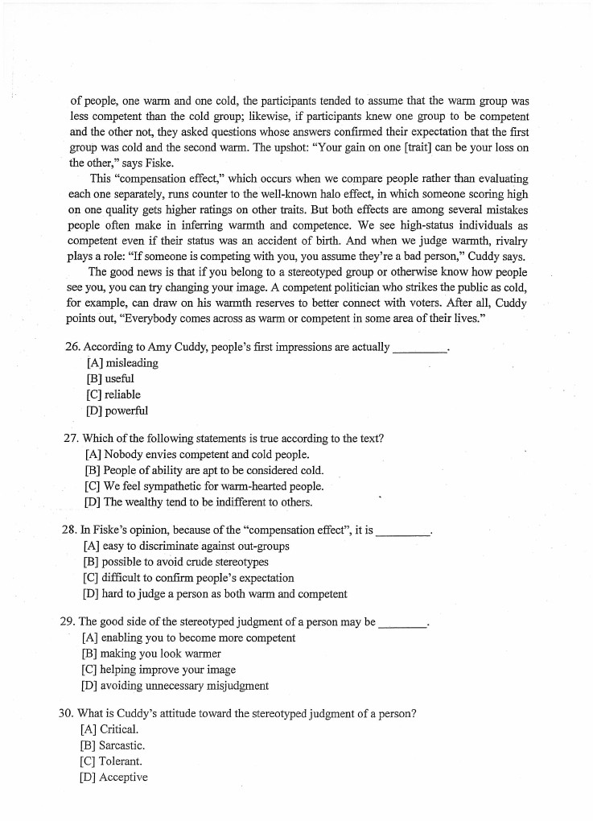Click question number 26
(x=72, y=348)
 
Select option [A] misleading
(x=121, y=363)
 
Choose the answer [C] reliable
(x=113, y=394)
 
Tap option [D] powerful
(x=117, y=410)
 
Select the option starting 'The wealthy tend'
(x=197, y=502)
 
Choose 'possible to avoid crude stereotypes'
(x=175, y=562)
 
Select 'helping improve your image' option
(x=159, y=669)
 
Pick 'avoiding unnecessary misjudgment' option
(x=175, y=686)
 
